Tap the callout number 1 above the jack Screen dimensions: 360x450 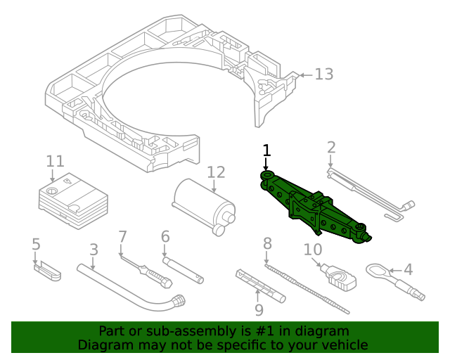point(266,150)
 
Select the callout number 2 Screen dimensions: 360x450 point(331,148)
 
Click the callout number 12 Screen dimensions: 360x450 point(216,172)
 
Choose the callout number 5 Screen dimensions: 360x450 point(37,245)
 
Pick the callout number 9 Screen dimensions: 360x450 point(259,309)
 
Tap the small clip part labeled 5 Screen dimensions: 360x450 point(48,270)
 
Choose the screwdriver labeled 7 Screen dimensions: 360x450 point(145,271)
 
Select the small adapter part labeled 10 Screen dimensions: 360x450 point(341,278)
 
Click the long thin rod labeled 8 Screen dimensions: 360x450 point(309,288)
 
